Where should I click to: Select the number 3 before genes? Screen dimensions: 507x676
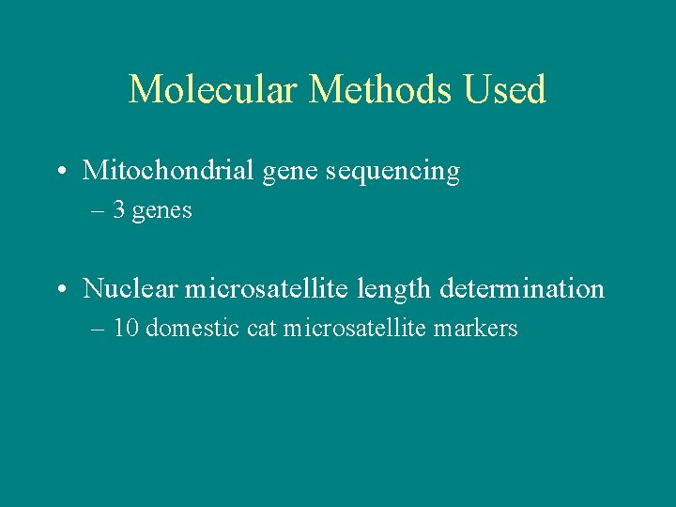(x=119, y=211)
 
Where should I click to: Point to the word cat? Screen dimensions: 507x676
(x=262, y=329)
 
